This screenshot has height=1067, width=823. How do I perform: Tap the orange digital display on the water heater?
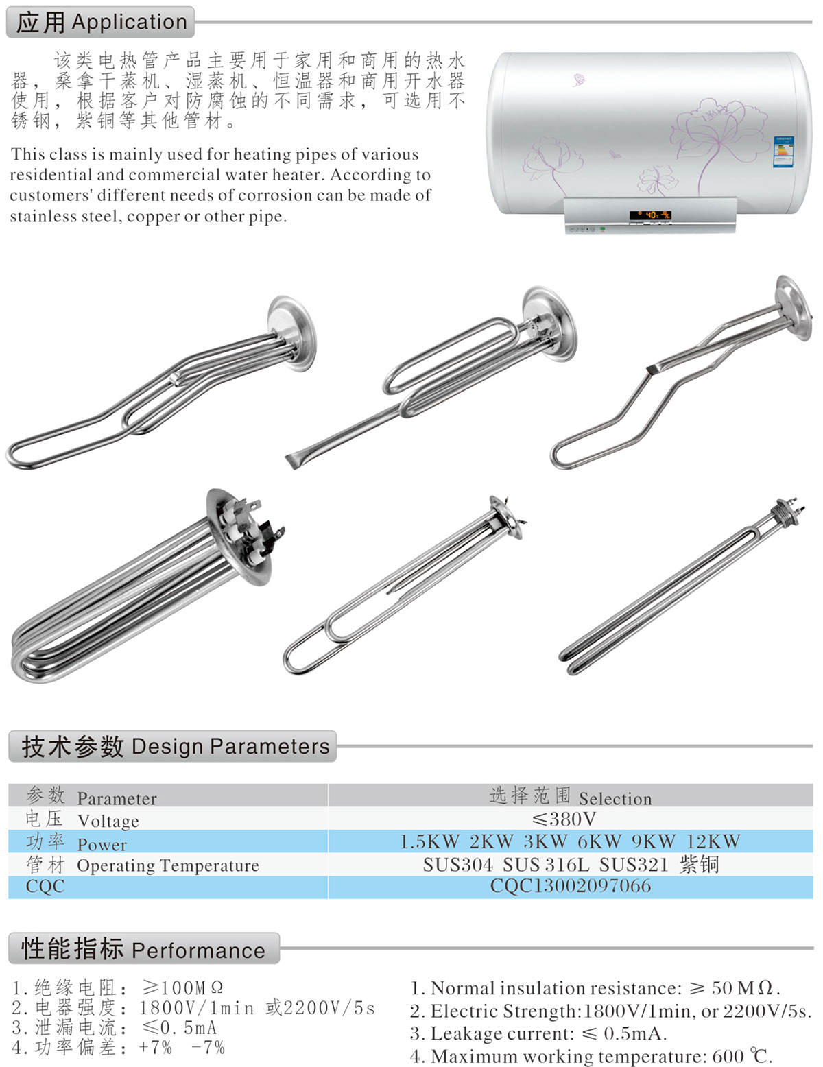point(649,215)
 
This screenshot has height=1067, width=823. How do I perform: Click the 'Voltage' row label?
point(108,821)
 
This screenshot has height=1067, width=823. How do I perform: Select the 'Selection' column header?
point(615,798)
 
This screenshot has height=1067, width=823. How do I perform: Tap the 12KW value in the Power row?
point(713,841)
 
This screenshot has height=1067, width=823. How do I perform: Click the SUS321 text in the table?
point(633,865)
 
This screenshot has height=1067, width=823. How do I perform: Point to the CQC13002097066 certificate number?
point(570,886)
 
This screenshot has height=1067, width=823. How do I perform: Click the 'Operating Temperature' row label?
point(167,865)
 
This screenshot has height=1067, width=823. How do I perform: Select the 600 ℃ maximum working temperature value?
point(741,1055)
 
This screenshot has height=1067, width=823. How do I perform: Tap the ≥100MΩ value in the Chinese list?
point(182,987)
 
